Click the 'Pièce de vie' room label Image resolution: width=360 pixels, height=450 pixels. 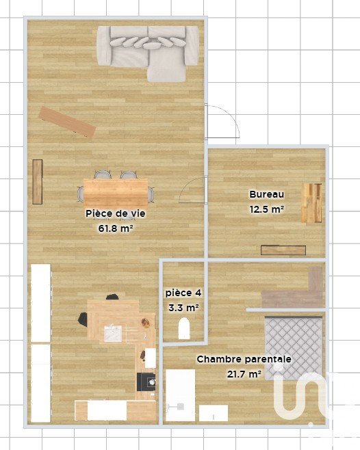[x=116, y=214]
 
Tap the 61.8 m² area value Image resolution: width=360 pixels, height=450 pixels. [x=116, y=228]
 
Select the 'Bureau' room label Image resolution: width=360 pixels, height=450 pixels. [x=267, y=194]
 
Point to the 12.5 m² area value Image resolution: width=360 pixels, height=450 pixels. [x=267, y=209]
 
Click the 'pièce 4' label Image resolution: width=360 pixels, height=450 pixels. [x=183, y=293]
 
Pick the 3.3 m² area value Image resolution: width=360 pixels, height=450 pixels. [x=183, y=308]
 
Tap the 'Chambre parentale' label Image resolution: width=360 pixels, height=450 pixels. [x=244, y=359]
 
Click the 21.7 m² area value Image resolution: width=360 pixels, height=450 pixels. [x=244, y=374]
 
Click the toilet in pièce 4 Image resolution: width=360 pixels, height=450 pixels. [x=184, y=328]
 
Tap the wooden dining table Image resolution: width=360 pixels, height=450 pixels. [x=116, y=189]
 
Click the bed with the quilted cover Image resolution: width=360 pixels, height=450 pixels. [x=294, y=348]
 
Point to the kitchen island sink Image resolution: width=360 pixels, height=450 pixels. [x=113, y=334]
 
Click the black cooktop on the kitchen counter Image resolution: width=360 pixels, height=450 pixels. [x=146, y=382]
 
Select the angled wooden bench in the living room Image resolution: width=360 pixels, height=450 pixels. [x=67, y=122]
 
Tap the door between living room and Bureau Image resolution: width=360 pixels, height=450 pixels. [x=192, y=190]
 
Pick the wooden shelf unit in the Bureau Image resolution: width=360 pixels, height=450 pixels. [x=311, y=203]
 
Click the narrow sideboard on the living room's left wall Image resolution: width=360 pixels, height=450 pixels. [x=38, y=182]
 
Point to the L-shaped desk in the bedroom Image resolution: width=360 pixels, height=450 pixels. [x=292, y=290]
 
